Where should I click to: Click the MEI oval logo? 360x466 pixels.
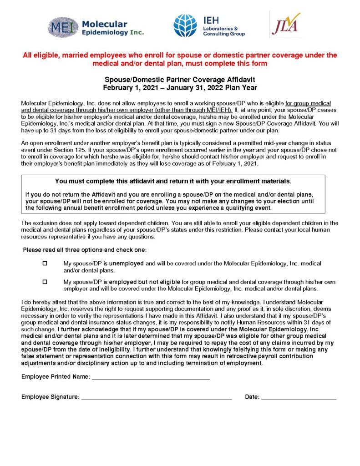63,27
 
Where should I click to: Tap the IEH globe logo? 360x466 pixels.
185,25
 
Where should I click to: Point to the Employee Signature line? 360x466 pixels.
156,398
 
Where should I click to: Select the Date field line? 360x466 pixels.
299,398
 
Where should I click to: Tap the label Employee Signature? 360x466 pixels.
50,397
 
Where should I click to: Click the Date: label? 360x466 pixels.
252,397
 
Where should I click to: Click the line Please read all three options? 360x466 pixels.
85,250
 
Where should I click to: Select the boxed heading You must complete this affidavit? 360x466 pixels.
173,181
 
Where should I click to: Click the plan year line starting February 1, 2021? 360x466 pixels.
180,87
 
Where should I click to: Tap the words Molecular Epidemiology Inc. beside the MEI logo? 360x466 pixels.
112,28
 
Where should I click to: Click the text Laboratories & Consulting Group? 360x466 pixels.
224,31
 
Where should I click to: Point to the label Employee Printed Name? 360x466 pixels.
56,377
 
